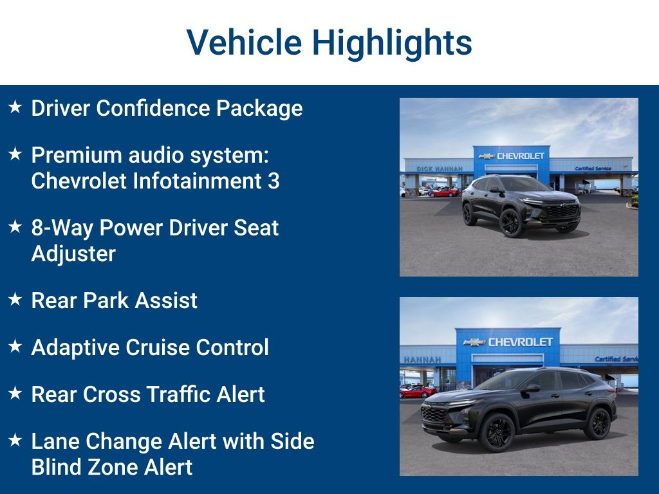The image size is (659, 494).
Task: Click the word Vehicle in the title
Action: click(x=244, y=42)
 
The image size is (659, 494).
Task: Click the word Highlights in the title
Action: click(x=392, y=42)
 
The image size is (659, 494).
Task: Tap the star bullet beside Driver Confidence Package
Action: click(x=15, y=107)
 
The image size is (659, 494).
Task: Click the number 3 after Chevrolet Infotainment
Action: click(x=274, y=181)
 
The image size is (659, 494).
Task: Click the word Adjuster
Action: click(x=73, y=253)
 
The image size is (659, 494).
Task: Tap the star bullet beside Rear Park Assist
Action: click(x=15, y=300)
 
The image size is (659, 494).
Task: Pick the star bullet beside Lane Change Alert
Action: click(x=15, y=441)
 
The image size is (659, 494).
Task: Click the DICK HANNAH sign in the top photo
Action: click(x=440, y=169)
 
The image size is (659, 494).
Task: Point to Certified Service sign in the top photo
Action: click(x=593, y=169)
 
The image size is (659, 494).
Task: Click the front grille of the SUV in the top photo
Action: click(x=561, y=210)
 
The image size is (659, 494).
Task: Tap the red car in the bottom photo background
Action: click(x=418, y=391)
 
